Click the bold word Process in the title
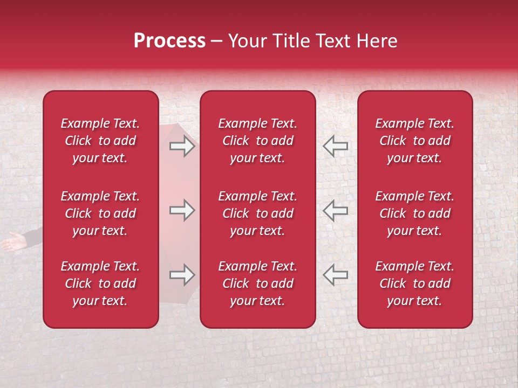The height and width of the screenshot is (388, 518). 169,41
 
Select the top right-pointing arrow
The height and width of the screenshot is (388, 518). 182,147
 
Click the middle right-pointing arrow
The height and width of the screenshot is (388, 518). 182,210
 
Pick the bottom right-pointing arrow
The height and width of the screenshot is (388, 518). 182,275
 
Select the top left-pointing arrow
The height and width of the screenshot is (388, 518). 335,147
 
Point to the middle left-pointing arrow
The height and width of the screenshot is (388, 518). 335,210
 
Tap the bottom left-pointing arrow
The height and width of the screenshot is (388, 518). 335,275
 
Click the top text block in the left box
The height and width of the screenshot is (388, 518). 100,141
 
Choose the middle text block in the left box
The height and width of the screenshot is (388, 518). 100,213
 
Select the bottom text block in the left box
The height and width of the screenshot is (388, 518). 100,283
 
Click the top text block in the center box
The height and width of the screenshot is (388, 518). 257,141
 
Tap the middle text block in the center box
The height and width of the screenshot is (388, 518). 257,213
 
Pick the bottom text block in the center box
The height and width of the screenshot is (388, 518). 257,283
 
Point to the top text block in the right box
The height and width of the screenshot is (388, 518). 414,141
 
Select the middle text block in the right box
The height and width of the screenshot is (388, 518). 414,213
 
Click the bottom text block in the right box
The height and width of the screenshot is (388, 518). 414,283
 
